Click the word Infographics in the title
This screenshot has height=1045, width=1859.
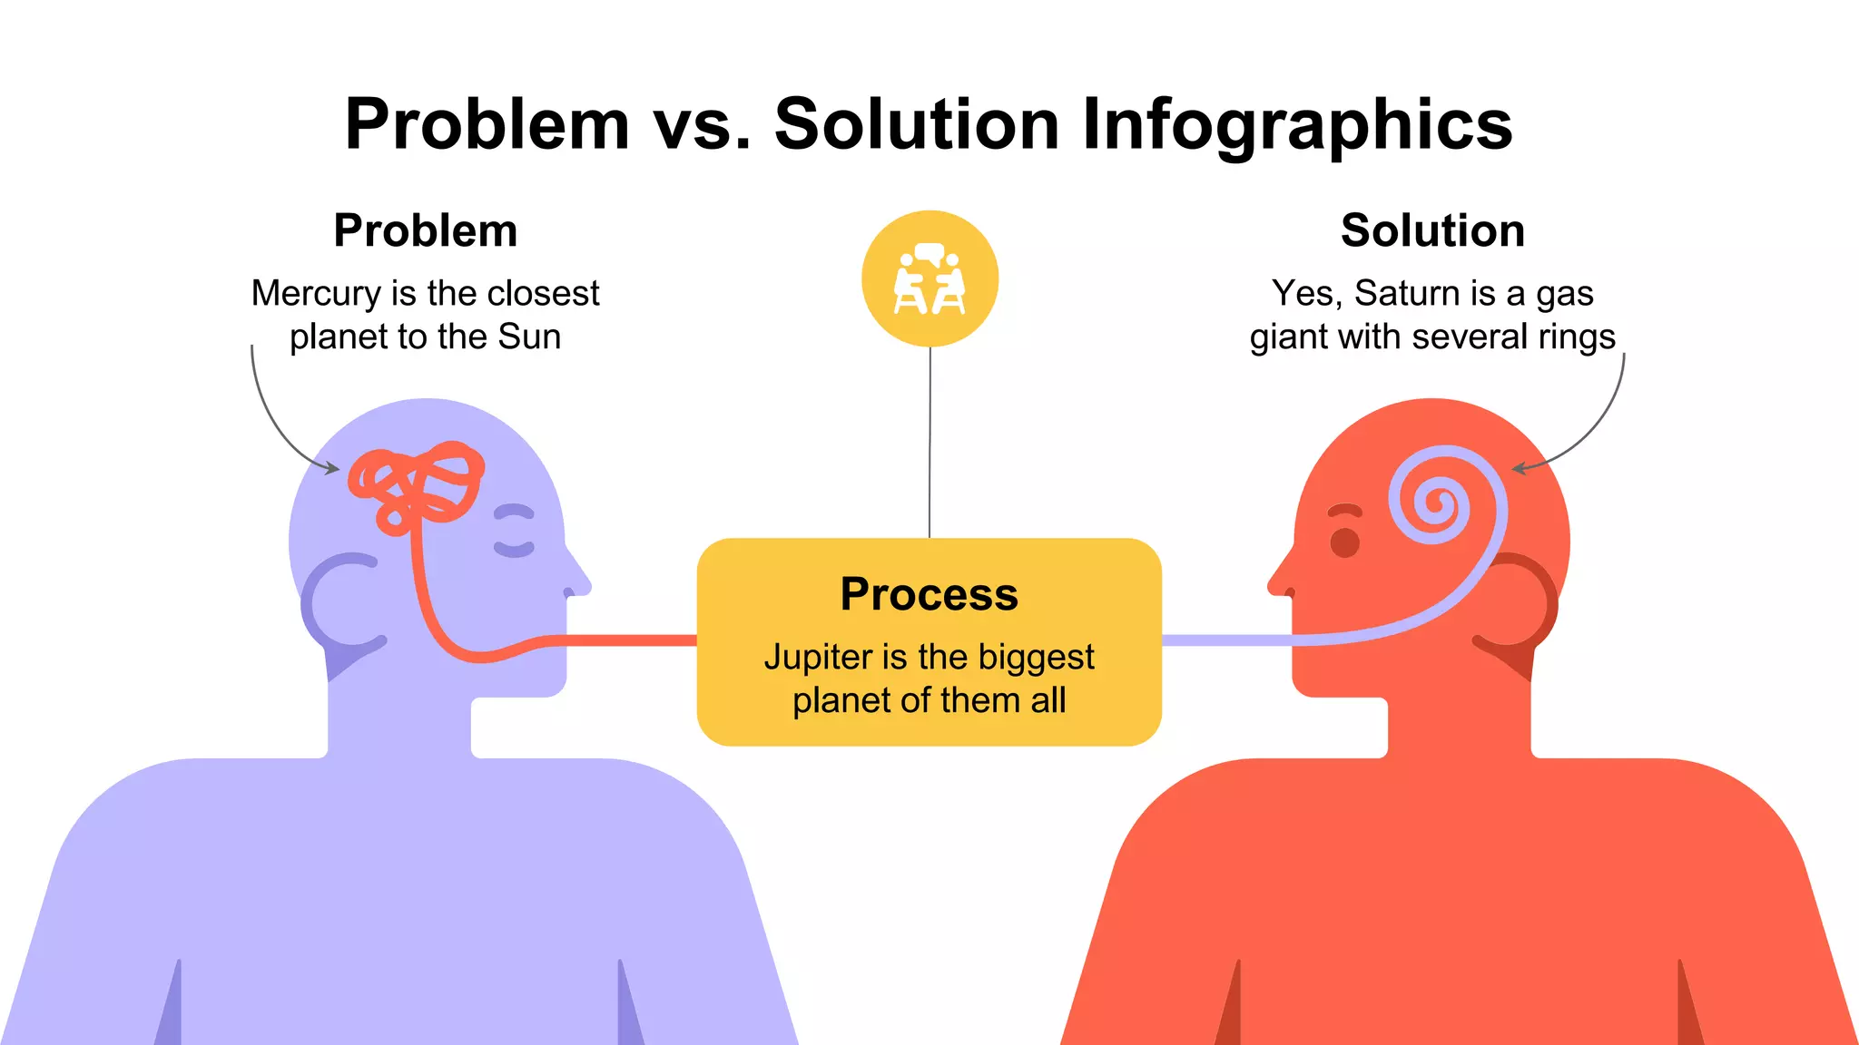pos(1297,125)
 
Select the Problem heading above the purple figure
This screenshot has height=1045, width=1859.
pos(426,230)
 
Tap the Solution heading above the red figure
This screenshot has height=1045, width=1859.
pos(1432,230)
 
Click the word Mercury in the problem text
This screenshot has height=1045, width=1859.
pos(316,293)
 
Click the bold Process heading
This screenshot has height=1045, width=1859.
pos(929,594)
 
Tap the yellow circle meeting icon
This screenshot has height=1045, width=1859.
pos(929,278)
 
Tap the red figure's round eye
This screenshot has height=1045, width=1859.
pos(1344,542)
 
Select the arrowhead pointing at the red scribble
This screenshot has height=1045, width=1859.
pos(332,468)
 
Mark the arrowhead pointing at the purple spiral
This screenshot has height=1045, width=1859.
pos(1519,468)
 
